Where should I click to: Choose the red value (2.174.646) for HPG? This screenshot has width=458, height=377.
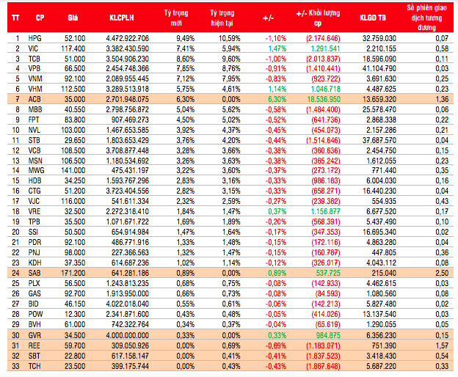(323, 37)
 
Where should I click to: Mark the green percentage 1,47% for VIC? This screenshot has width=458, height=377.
(275, 47)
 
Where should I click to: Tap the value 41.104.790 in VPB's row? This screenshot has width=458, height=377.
(378, 67)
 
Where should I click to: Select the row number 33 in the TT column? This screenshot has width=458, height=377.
(14, 364)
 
